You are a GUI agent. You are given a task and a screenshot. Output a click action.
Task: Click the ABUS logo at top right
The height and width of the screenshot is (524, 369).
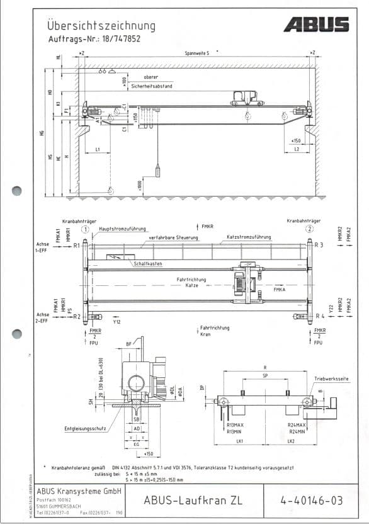315,25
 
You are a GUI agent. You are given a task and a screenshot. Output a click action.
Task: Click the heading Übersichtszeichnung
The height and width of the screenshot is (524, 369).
101,26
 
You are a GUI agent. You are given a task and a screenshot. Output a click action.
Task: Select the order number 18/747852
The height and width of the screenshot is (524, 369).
118,38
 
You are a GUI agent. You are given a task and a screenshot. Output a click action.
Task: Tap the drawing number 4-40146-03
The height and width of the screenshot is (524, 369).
312,501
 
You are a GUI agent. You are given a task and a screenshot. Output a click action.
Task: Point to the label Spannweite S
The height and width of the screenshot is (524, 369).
197,54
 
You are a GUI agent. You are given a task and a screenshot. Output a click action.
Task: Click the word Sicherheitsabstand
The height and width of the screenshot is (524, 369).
151,86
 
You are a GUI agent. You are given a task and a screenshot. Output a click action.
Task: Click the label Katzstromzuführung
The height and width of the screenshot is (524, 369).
249,237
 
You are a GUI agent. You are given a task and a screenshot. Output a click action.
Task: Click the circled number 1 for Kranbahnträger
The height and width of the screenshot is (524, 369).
93,229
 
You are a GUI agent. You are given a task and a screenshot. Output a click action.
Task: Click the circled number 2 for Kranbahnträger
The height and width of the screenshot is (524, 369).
310,229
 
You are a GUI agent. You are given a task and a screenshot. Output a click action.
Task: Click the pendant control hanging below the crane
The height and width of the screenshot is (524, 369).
158,171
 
